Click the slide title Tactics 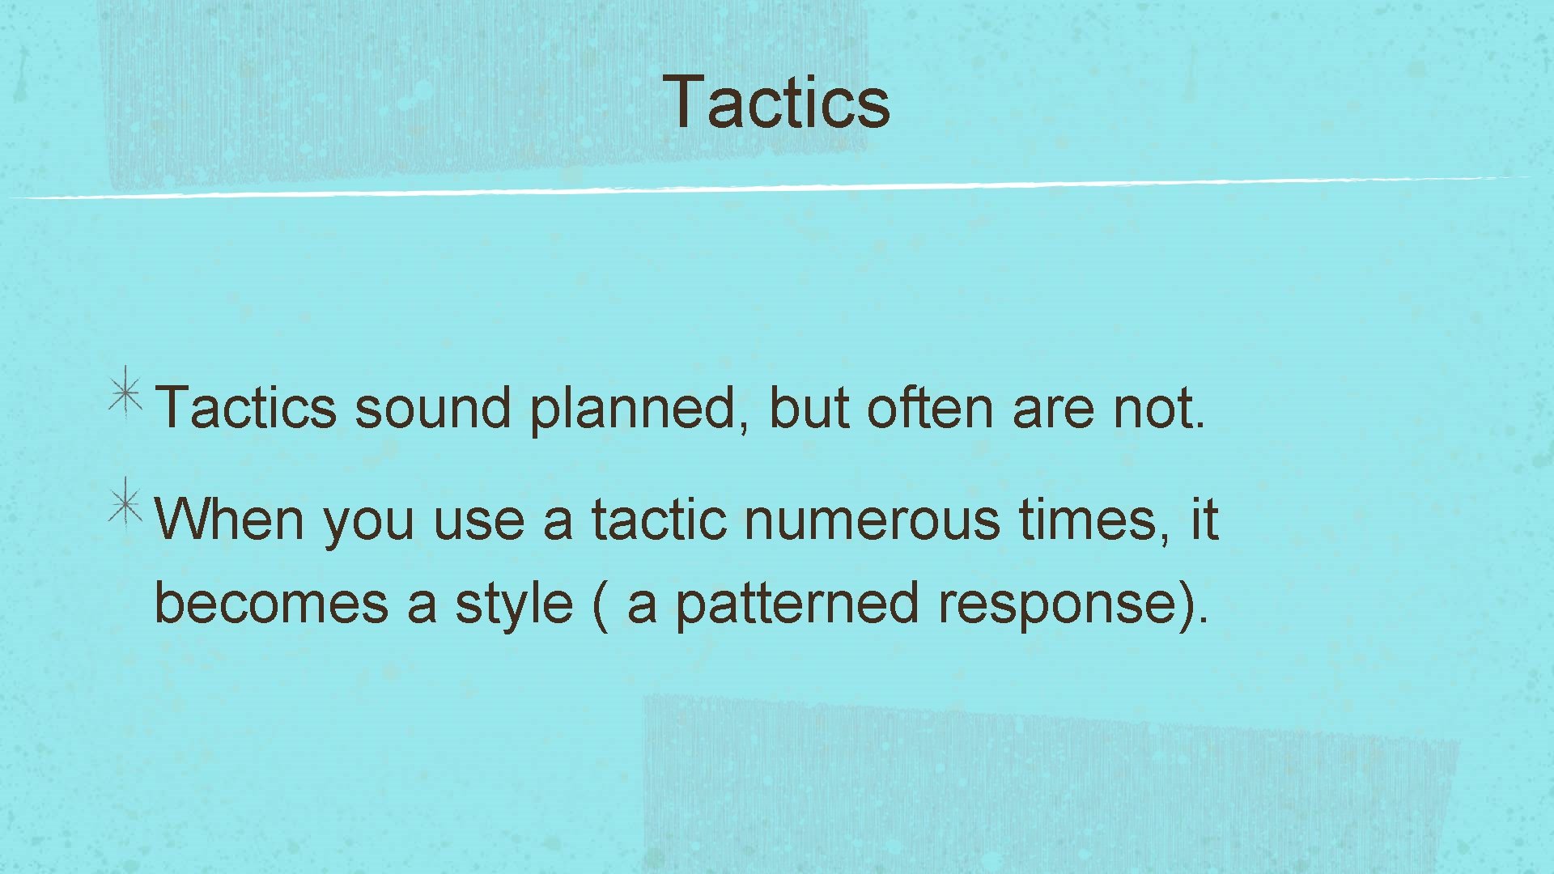[x=776, y=102]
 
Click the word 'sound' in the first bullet [x=433, y=408]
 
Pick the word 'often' [x=929, y=408]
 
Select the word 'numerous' [x=872, y=520]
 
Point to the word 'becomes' [x=271, y=604]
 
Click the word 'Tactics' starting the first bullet [x=245, y=408]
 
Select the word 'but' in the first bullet [x=808, y=408]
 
